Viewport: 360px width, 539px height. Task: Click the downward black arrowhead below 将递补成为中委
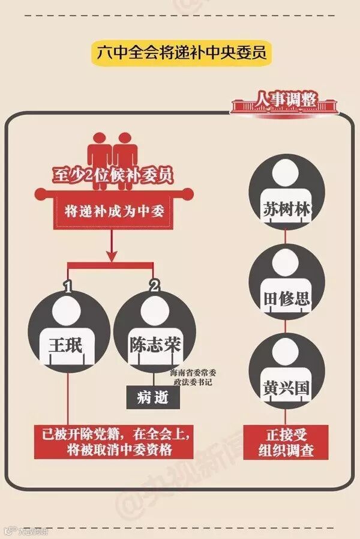[112, 256]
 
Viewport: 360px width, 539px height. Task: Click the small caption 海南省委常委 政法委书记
[191, 376]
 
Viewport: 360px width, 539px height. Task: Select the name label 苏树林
[286, 211]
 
